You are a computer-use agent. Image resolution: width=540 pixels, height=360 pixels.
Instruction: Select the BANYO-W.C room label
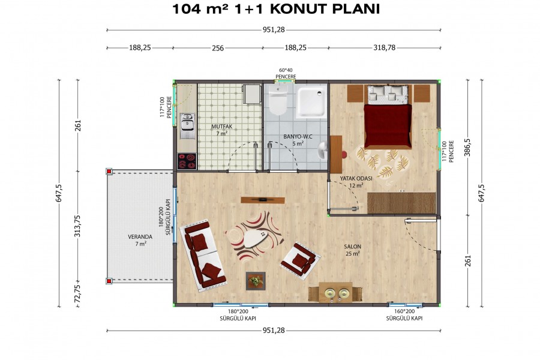tap(297, 140)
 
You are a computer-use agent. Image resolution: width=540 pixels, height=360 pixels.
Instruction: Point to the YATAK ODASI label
tap(356, 182)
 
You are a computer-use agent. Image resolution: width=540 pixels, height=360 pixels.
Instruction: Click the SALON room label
tap(352, 250)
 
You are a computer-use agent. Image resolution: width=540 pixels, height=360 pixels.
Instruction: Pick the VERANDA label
tap(140, 240)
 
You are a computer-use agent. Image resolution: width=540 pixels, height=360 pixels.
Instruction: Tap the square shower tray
tap(312, 100)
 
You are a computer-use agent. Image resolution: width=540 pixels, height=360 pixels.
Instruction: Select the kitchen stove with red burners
tap(187, 160)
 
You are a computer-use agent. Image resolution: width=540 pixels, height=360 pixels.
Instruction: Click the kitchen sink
tap(187, 125)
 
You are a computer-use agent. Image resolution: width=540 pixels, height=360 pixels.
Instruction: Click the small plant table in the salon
tap(256, 280)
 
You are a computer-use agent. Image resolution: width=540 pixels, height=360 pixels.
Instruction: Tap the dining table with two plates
tap(335, 293)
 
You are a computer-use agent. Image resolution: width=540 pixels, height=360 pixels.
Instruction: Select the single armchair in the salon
tap(298, 259)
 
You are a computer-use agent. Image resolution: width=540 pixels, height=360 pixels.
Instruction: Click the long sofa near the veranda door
tap(202, 252)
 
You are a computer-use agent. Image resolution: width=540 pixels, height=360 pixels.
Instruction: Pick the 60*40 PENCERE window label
tap(286, 73)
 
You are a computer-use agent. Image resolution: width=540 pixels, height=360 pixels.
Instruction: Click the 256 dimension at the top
tap(217, 49)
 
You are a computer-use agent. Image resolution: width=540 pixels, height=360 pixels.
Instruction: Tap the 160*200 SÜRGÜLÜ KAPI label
tap(404, 315)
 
